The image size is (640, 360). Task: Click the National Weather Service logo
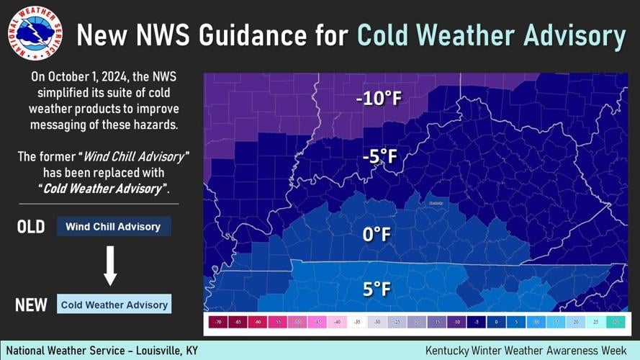click(35, 34)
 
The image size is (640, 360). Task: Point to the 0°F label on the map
click(377, 235)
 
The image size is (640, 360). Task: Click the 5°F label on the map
click(377, 289)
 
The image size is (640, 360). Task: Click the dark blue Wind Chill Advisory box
click(114, 227)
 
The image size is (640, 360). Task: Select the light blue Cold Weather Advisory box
click(114, 305)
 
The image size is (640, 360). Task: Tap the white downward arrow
click(110, 266)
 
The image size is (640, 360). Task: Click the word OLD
click(31, 227)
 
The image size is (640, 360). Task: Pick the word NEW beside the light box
click(31, 305)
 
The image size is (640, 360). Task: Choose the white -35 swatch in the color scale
click(356, 323)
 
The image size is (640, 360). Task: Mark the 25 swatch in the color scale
click(595, 323)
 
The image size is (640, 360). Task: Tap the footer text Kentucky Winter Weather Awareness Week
click(527, 350)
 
